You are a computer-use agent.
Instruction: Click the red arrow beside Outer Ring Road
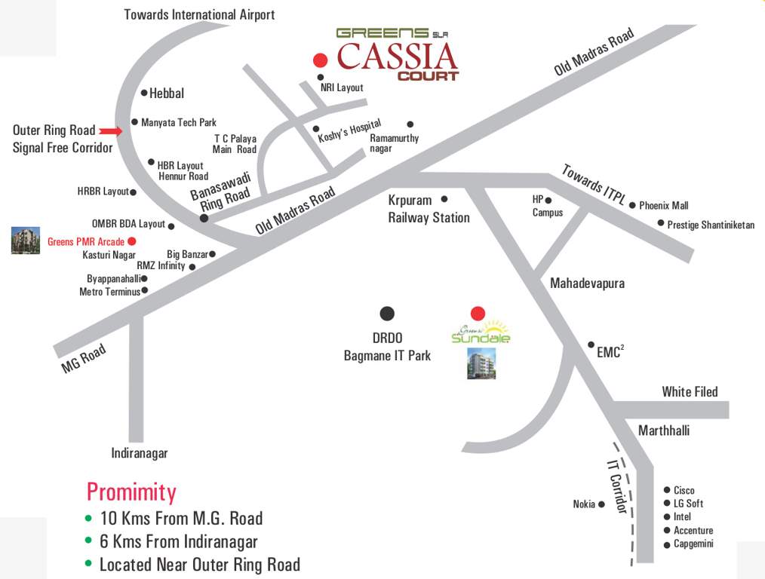pyautogui.click(x=110, y=131)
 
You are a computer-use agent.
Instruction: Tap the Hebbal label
pyautogui.click(x=167, y=93)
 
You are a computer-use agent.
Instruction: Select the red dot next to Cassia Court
pyautogui.click(x=321, y=60)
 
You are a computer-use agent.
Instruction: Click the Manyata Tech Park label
pyautogui.click(x=179, y=122)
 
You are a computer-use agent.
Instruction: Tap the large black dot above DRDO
pyautogui.click(x=387, y=314)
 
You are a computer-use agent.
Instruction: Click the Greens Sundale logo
pyautogui.click(x=481, y=332)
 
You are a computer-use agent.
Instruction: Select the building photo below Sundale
pyautogui.click(x=481, y=363)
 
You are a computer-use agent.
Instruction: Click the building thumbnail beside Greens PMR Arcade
pyautogui.click(x=26, y=240)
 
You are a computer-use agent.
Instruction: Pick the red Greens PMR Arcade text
pyautogui.click(x=86, y=242)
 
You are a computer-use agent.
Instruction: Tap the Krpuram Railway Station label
pyautogui.click(x=429, y=209)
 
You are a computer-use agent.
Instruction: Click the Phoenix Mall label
pyautogui.click(x=664, y=205)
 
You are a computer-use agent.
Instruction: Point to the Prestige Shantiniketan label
pyautogui.click(x=711, y=225)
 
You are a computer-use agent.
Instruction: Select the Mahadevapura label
pyautogui.click(x=587, y=283)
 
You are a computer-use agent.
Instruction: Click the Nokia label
pyautogui.click(x=584, y=504)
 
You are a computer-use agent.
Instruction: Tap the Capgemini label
pyautogui.click(x=693, y=544)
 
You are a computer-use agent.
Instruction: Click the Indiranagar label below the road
pyautogui.click(x=140, y=453)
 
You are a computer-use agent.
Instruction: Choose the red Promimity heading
pyautogui.click(x=131, y=492)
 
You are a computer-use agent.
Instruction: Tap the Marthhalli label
pyautogui.click(x=664, y=430)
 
